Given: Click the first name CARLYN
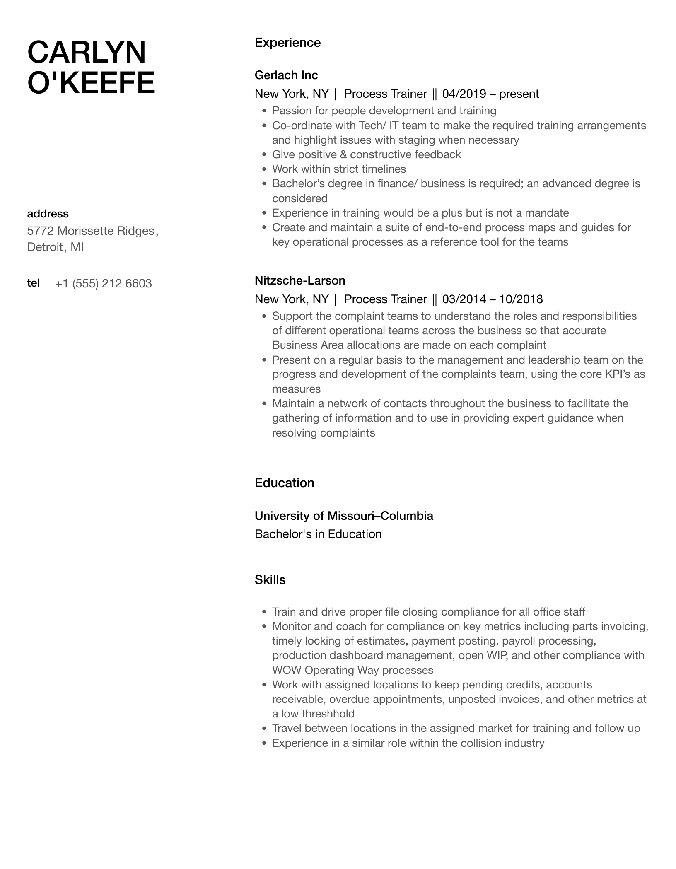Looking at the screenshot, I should pyautogui.click(x=87, y=53).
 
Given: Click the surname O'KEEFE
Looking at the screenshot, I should pyautogui.click(x=91, y=83).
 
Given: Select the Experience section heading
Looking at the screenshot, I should pyautogui.click(x=287, y=43).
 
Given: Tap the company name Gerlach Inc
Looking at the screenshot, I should pyautogui.click(x=286, y=75).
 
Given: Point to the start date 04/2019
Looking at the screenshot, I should pyautogui.click(x=464, y=94).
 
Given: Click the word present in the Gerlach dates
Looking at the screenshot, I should pyautogui.click(x=519, y=94).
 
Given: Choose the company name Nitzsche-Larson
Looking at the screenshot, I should pyautogui.click(x=300, y=280).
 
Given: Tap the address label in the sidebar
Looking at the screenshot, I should pyautogui.click(x=48, y=214).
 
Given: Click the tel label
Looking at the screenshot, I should pyautogui.click(x=33, y=283).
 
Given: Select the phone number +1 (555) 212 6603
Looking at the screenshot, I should pyautogui.click(x=103, y=284).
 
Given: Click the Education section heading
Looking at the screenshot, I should pyautogui.click(x=284, y=483).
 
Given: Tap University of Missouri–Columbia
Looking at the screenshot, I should pyautogui.click(x=344, y=516).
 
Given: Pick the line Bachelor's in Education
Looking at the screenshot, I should pyautogui.click(x=318, y=534).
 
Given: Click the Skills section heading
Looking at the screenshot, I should pyautogui.click(x=270, y=580).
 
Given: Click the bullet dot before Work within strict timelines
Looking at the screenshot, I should pyautogui.click(x=264, y=169).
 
